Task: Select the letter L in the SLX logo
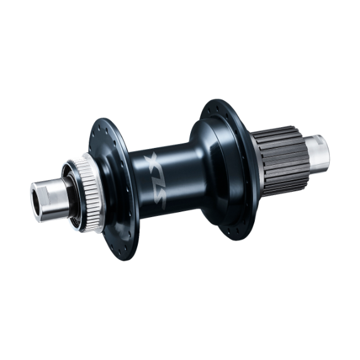pyautogui.click(x=155, y=179)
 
